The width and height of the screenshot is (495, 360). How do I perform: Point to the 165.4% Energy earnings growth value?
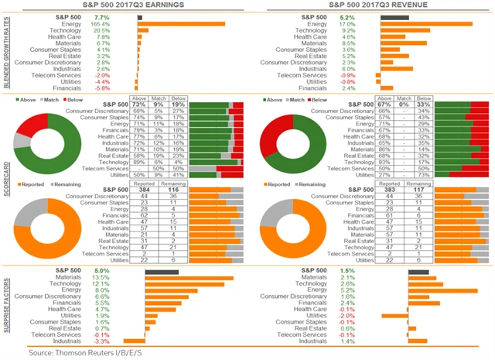[100, 24]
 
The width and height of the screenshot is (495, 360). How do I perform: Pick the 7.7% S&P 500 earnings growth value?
[101, 16]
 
